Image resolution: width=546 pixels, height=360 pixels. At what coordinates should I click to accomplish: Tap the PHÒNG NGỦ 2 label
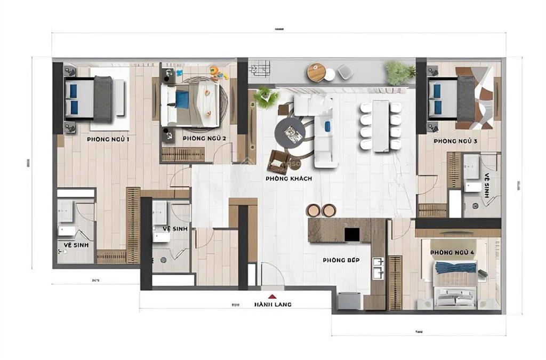(x=204, y=139)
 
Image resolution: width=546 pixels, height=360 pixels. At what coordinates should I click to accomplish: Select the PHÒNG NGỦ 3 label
(x=455, y=141)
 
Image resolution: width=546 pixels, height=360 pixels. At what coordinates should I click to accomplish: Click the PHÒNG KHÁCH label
(x=288, y=179)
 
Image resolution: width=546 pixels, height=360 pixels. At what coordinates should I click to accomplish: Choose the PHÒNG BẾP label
(x=341, y=260)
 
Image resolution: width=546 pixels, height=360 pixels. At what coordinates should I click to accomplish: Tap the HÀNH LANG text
(x=272, y=305)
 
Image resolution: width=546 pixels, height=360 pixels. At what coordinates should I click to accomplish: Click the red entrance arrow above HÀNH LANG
(x=272, y=296)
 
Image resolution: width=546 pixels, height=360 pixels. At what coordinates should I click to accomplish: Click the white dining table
(x=381, y=126)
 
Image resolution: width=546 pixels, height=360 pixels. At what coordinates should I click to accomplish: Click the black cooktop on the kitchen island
(x=351, y=234)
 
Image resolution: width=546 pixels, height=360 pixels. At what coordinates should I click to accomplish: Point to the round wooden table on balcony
(x=316, y=72)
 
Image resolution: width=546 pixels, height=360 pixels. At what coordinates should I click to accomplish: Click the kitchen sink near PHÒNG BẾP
(x=379, y=268)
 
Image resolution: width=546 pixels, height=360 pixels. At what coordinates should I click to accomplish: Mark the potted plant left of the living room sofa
(x=266, y=97)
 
